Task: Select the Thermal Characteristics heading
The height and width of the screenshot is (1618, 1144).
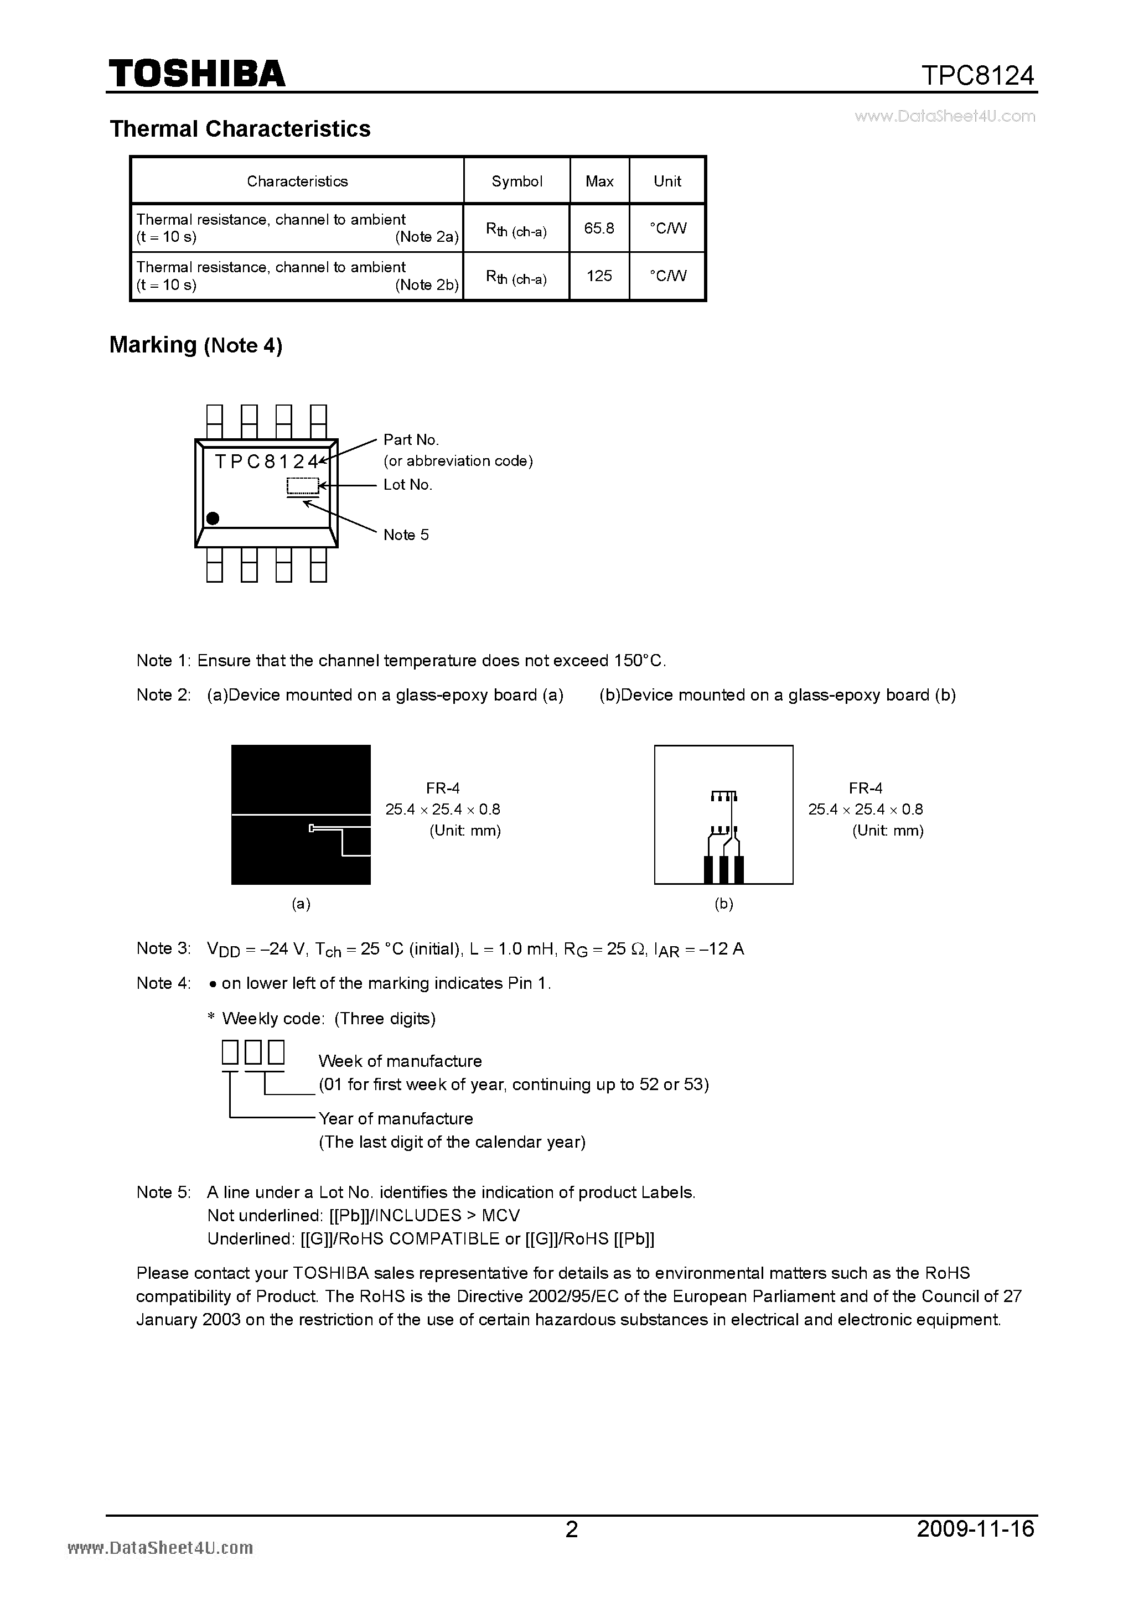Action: (240, 129)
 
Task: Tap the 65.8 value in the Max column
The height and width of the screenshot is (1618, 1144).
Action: (599, 229)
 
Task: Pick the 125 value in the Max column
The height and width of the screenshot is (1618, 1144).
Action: (599, 276)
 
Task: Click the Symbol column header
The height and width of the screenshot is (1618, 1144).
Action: (517, 181)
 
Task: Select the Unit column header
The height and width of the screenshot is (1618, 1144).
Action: (667, 181)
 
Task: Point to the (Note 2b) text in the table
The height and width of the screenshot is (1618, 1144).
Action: (427, 285)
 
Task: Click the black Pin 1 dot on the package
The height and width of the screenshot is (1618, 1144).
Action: (212, 518)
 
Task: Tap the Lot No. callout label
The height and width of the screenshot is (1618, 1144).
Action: (407, 485)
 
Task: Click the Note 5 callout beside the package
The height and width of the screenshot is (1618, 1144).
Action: (406, 535)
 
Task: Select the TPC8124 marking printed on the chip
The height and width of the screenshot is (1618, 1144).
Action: (266, 461)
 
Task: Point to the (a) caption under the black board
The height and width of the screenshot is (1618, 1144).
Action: (301, 904)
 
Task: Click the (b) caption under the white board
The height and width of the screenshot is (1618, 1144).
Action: (724, 904)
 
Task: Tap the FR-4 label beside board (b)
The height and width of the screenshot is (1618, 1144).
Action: (866, 788)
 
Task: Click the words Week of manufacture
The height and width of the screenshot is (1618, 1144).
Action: (400, 1061)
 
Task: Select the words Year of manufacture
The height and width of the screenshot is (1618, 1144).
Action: (395, 1119)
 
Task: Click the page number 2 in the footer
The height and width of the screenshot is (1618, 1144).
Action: (572, 1548)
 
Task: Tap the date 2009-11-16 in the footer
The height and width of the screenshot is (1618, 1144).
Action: (976, 1548)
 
